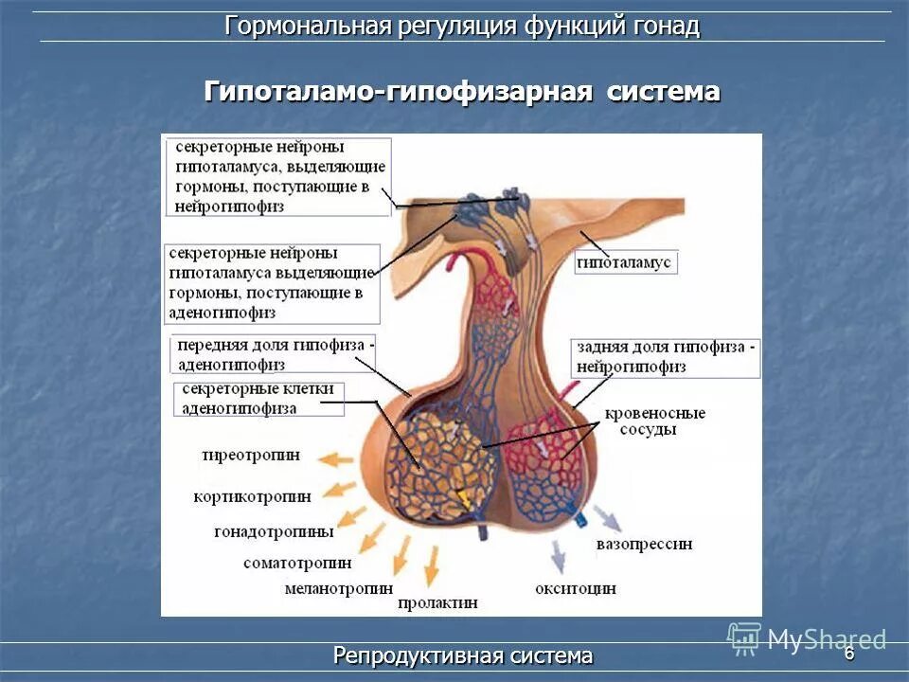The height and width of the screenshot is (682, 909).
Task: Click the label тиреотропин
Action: pyautogui.click(x=250, y=455)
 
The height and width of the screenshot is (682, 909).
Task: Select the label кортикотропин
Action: pyautogui.click(x=252, y=495)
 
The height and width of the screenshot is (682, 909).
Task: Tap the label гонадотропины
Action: pyautogui.click(x=273, y=531)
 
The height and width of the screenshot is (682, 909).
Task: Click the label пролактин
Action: pyautogui.click(x=437, y=601)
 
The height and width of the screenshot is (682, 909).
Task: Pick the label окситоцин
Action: pyautogui.click(x=576, y=588)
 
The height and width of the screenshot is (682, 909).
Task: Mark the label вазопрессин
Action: pyautogui.click(x=644, y=545)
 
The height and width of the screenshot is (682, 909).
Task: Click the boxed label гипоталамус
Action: pyautogui.click(x=624, y=261)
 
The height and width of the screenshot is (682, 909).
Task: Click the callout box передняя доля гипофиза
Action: pyautogui.click(x=274, y=354)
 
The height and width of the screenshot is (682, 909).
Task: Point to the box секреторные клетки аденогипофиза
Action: pyautogui.click(x=258, y=399)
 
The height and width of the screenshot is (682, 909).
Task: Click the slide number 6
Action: pyautogui.click(x=849, y=653)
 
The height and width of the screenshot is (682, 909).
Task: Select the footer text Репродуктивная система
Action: pyautogui.click(x=463, y=655)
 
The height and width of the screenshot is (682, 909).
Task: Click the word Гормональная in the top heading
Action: pyautogui.click(x=307, y=26)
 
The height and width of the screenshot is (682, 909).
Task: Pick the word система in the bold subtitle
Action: pyautogui.click(x=663, y=92)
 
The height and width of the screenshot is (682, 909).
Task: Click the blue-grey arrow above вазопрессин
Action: pyautogui.click(x=606, y=517)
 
